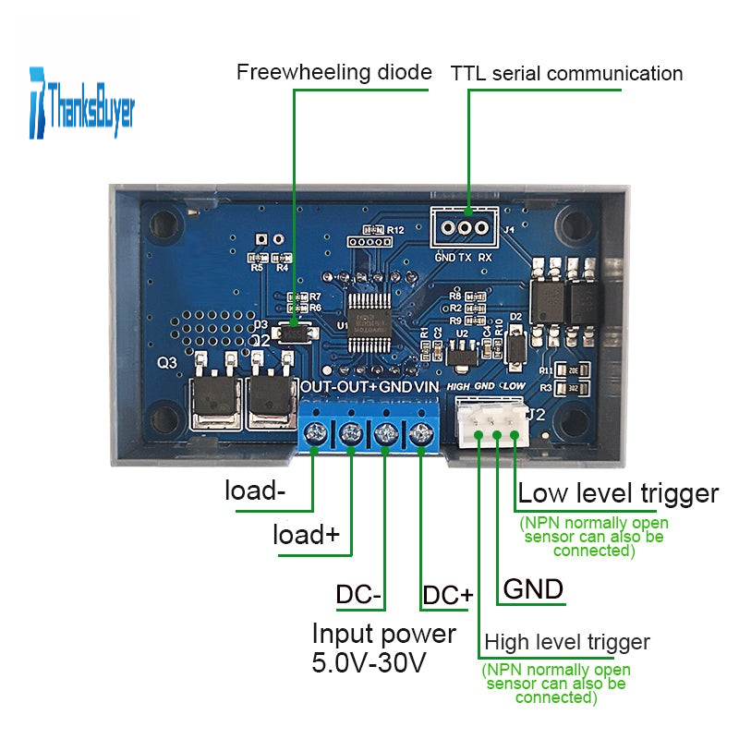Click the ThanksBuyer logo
coord(82,102)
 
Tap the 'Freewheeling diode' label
coord(334,72)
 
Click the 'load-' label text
coord(255,491)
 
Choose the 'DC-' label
coord(358,595)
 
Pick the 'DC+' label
coord(447,595)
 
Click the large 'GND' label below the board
coord(533,589)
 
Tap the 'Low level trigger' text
coord(618,493)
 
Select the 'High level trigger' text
coord(567,642)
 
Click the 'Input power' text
coord(384,634)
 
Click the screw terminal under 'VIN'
coord(420,431)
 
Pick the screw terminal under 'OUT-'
coord(317,431)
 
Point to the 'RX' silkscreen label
coord(485,258)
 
